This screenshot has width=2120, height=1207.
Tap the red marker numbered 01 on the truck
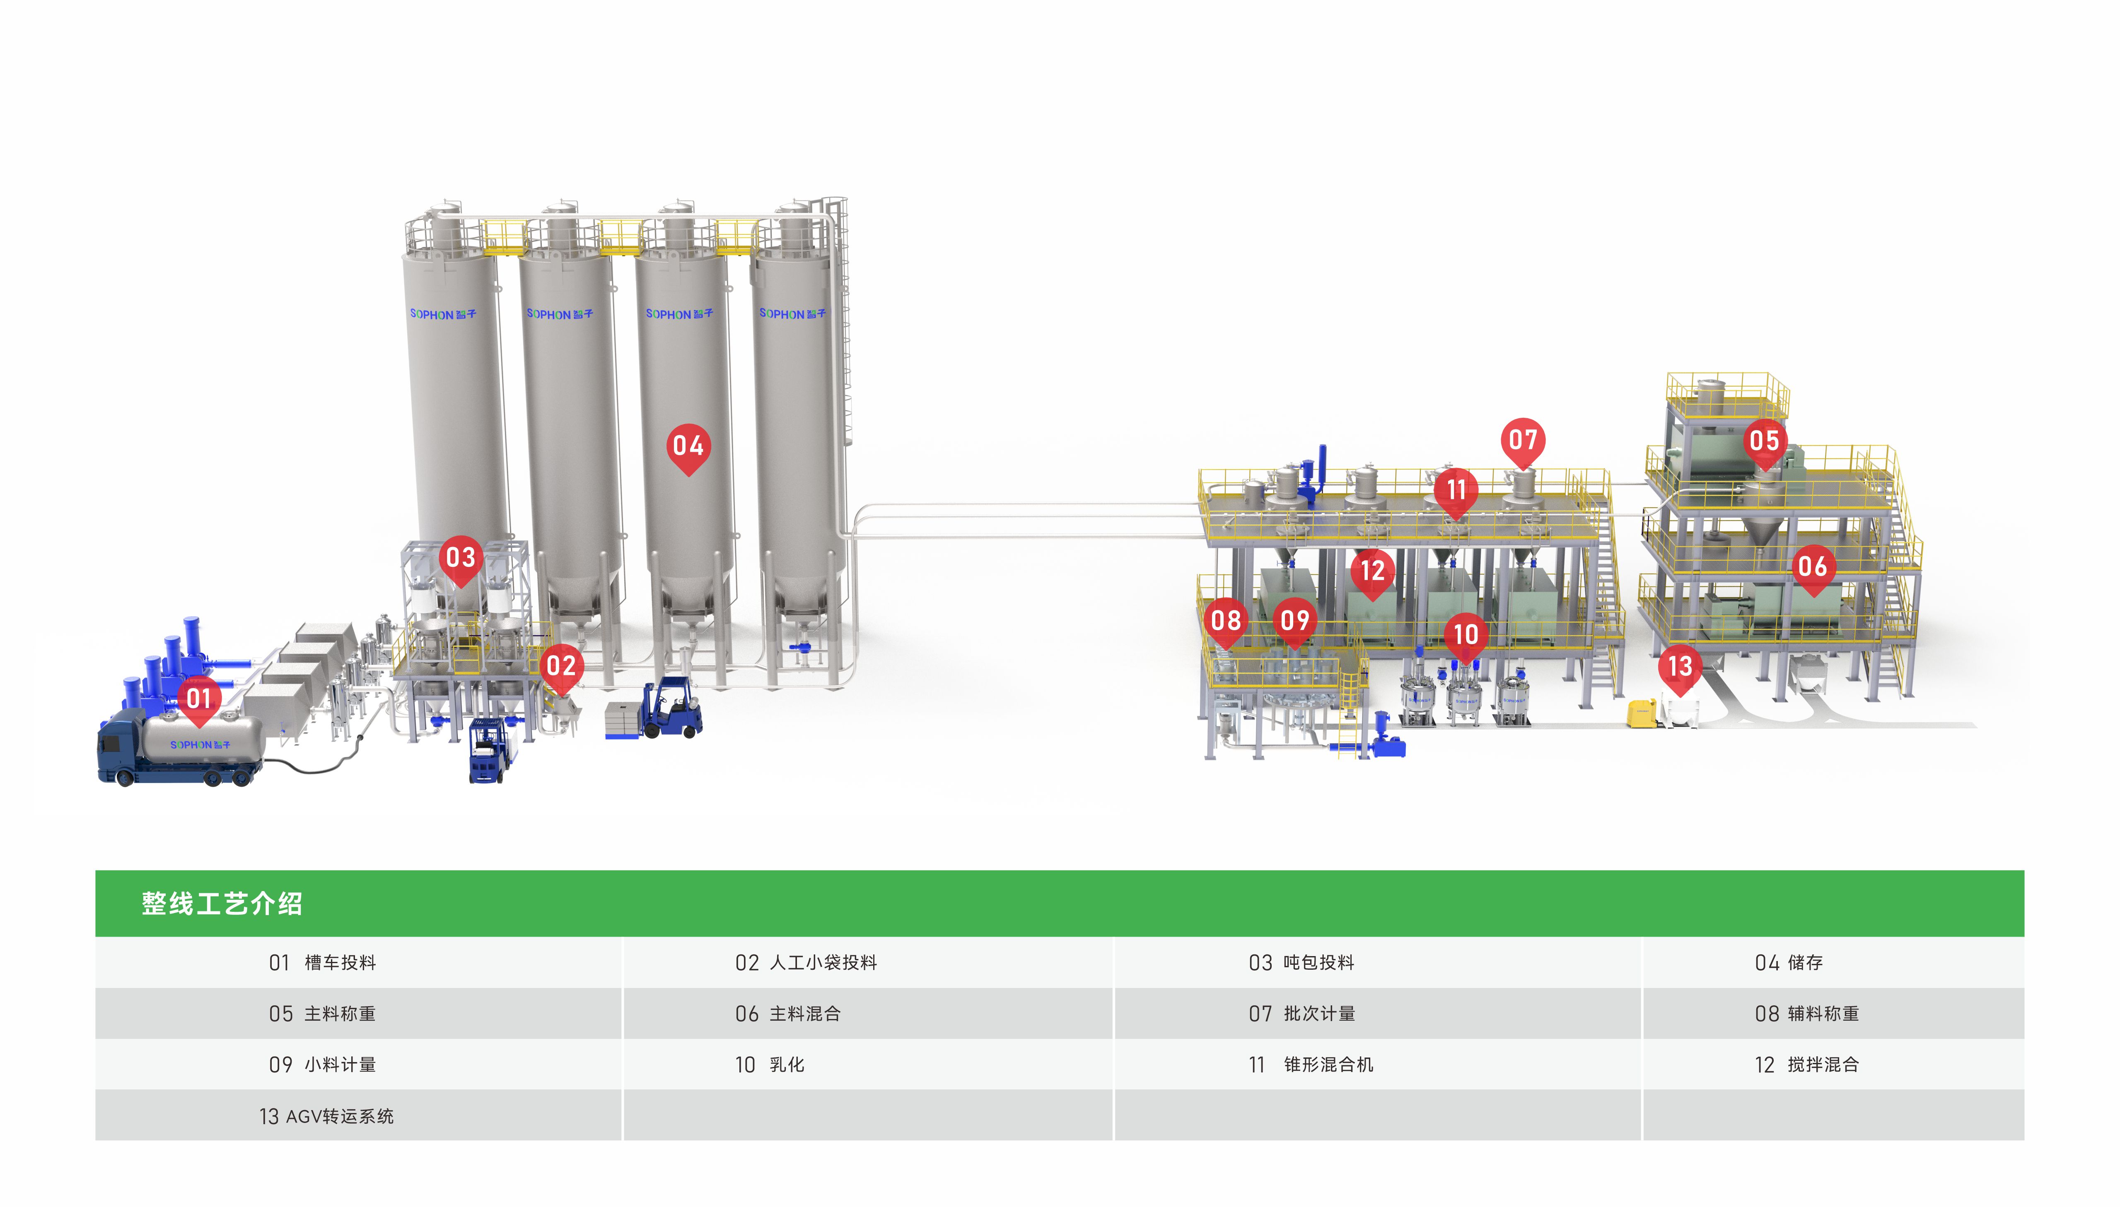coord(199,699)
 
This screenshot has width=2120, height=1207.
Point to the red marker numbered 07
coord(1522,440)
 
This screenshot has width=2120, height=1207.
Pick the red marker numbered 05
coord(1763,441)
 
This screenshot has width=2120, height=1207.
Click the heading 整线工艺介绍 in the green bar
coord(222,903)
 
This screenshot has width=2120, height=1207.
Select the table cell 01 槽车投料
coord(323,962)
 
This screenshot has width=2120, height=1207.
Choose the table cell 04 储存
coord(1788,962)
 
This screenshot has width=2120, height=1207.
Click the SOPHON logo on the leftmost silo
coord(443,314)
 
